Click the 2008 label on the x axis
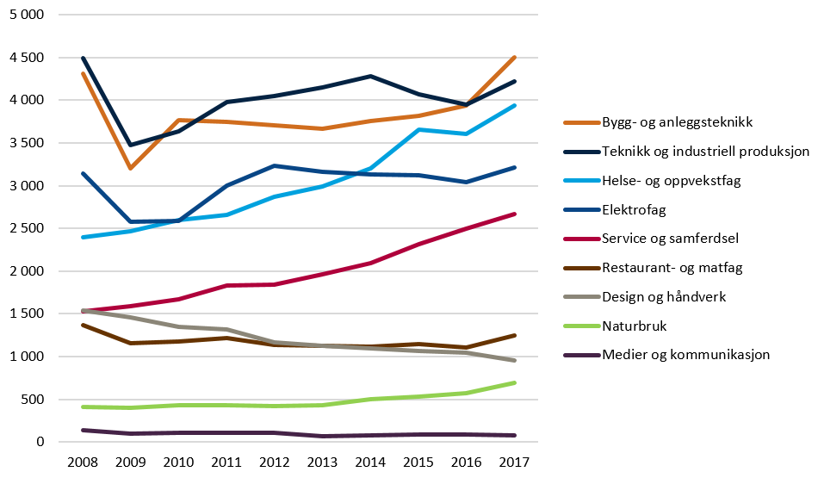(x=83, y=462)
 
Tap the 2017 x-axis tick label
(x=515, y=462)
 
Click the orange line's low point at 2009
(x=130, y=169)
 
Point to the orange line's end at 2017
(x=515, y=58)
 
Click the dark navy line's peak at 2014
(x=370, y=76)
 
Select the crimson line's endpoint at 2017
(x=515, y=214)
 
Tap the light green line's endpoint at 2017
(x=515, y=382)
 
